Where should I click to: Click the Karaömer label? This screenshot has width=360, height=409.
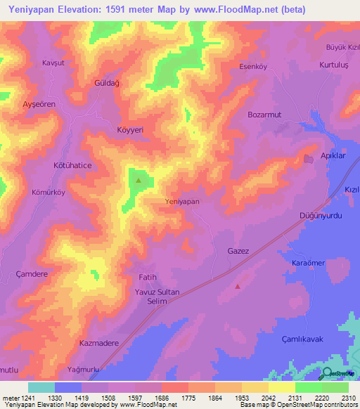(x=308, y=262)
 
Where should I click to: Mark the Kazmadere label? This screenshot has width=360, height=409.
(x=98, y=344)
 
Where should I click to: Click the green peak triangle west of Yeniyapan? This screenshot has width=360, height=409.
(x=138, y=181)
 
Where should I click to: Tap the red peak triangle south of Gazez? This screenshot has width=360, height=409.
(x=238, y=286)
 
